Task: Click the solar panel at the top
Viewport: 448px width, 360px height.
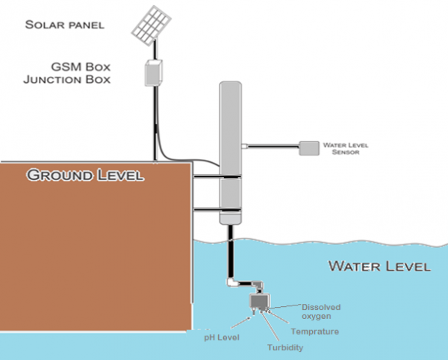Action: click(152, 25)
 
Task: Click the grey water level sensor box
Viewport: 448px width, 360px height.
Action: click(308, 148)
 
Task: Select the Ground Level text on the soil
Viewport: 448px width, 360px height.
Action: click(84, 176)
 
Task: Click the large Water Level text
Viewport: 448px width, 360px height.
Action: click(379, 266)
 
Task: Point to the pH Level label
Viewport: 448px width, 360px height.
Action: click(223, 337)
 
